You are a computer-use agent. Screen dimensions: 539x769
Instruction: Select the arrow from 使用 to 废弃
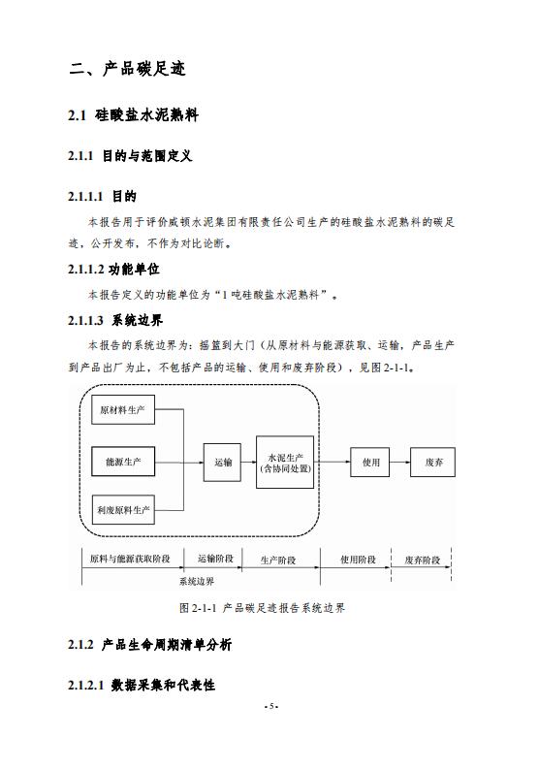399,462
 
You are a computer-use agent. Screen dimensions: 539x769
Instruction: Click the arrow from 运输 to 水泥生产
248,462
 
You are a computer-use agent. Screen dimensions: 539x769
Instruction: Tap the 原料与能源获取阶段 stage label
130,559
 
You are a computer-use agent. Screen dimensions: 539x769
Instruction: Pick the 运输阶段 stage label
216,559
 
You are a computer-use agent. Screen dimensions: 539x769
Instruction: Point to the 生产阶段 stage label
278,561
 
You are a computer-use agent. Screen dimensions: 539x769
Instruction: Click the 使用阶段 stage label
358,560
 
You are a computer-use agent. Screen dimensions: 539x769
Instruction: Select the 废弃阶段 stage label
423,560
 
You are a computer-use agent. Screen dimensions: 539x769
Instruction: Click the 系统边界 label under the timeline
197,581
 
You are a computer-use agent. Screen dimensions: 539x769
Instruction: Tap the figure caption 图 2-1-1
263,608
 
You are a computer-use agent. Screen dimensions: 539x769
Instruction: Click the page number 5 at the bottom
270,707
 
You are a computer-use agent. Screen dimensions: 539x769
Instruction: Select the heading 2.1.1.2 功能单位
113,270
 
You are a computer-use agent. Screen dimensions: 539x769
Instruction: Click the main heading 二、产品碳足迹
128,69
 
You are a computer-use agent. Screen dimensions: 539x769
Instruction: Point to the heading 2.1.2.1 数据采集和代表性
142,685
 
